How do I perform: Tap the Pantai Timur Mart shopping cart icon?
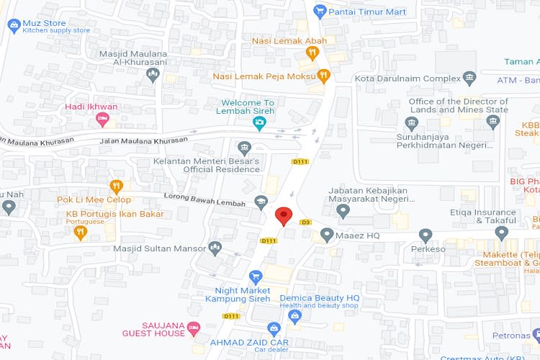click(320, 12)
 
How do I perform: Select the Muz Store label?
click(44, 23)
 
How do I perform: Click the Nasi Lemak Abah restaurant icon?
click(312, 52)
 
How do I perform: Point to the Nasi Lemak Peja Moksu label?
click(264, 76)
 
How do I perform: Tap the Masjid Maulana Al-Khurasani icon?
click(151, 75)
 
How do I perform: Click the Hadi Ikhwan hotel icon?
click(102, 118)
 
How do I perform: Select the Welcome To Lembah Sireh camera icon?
click(259, 124)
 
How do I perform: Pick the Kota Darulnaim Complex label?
click(408, 78)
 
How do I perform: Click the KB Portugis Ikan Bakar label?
click(114, 214)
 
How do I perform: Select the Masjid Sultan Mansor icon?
click(215, 248)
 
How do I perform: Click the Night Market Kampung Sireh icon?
click(255, 276)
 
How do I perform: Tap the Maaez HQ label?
click(361, 235)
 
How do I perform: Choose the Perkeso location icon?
click(426, 235)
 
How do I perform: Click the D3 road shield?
click(305, 222)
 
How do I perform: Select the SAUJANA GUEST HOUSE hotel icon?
click(193, 329)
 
